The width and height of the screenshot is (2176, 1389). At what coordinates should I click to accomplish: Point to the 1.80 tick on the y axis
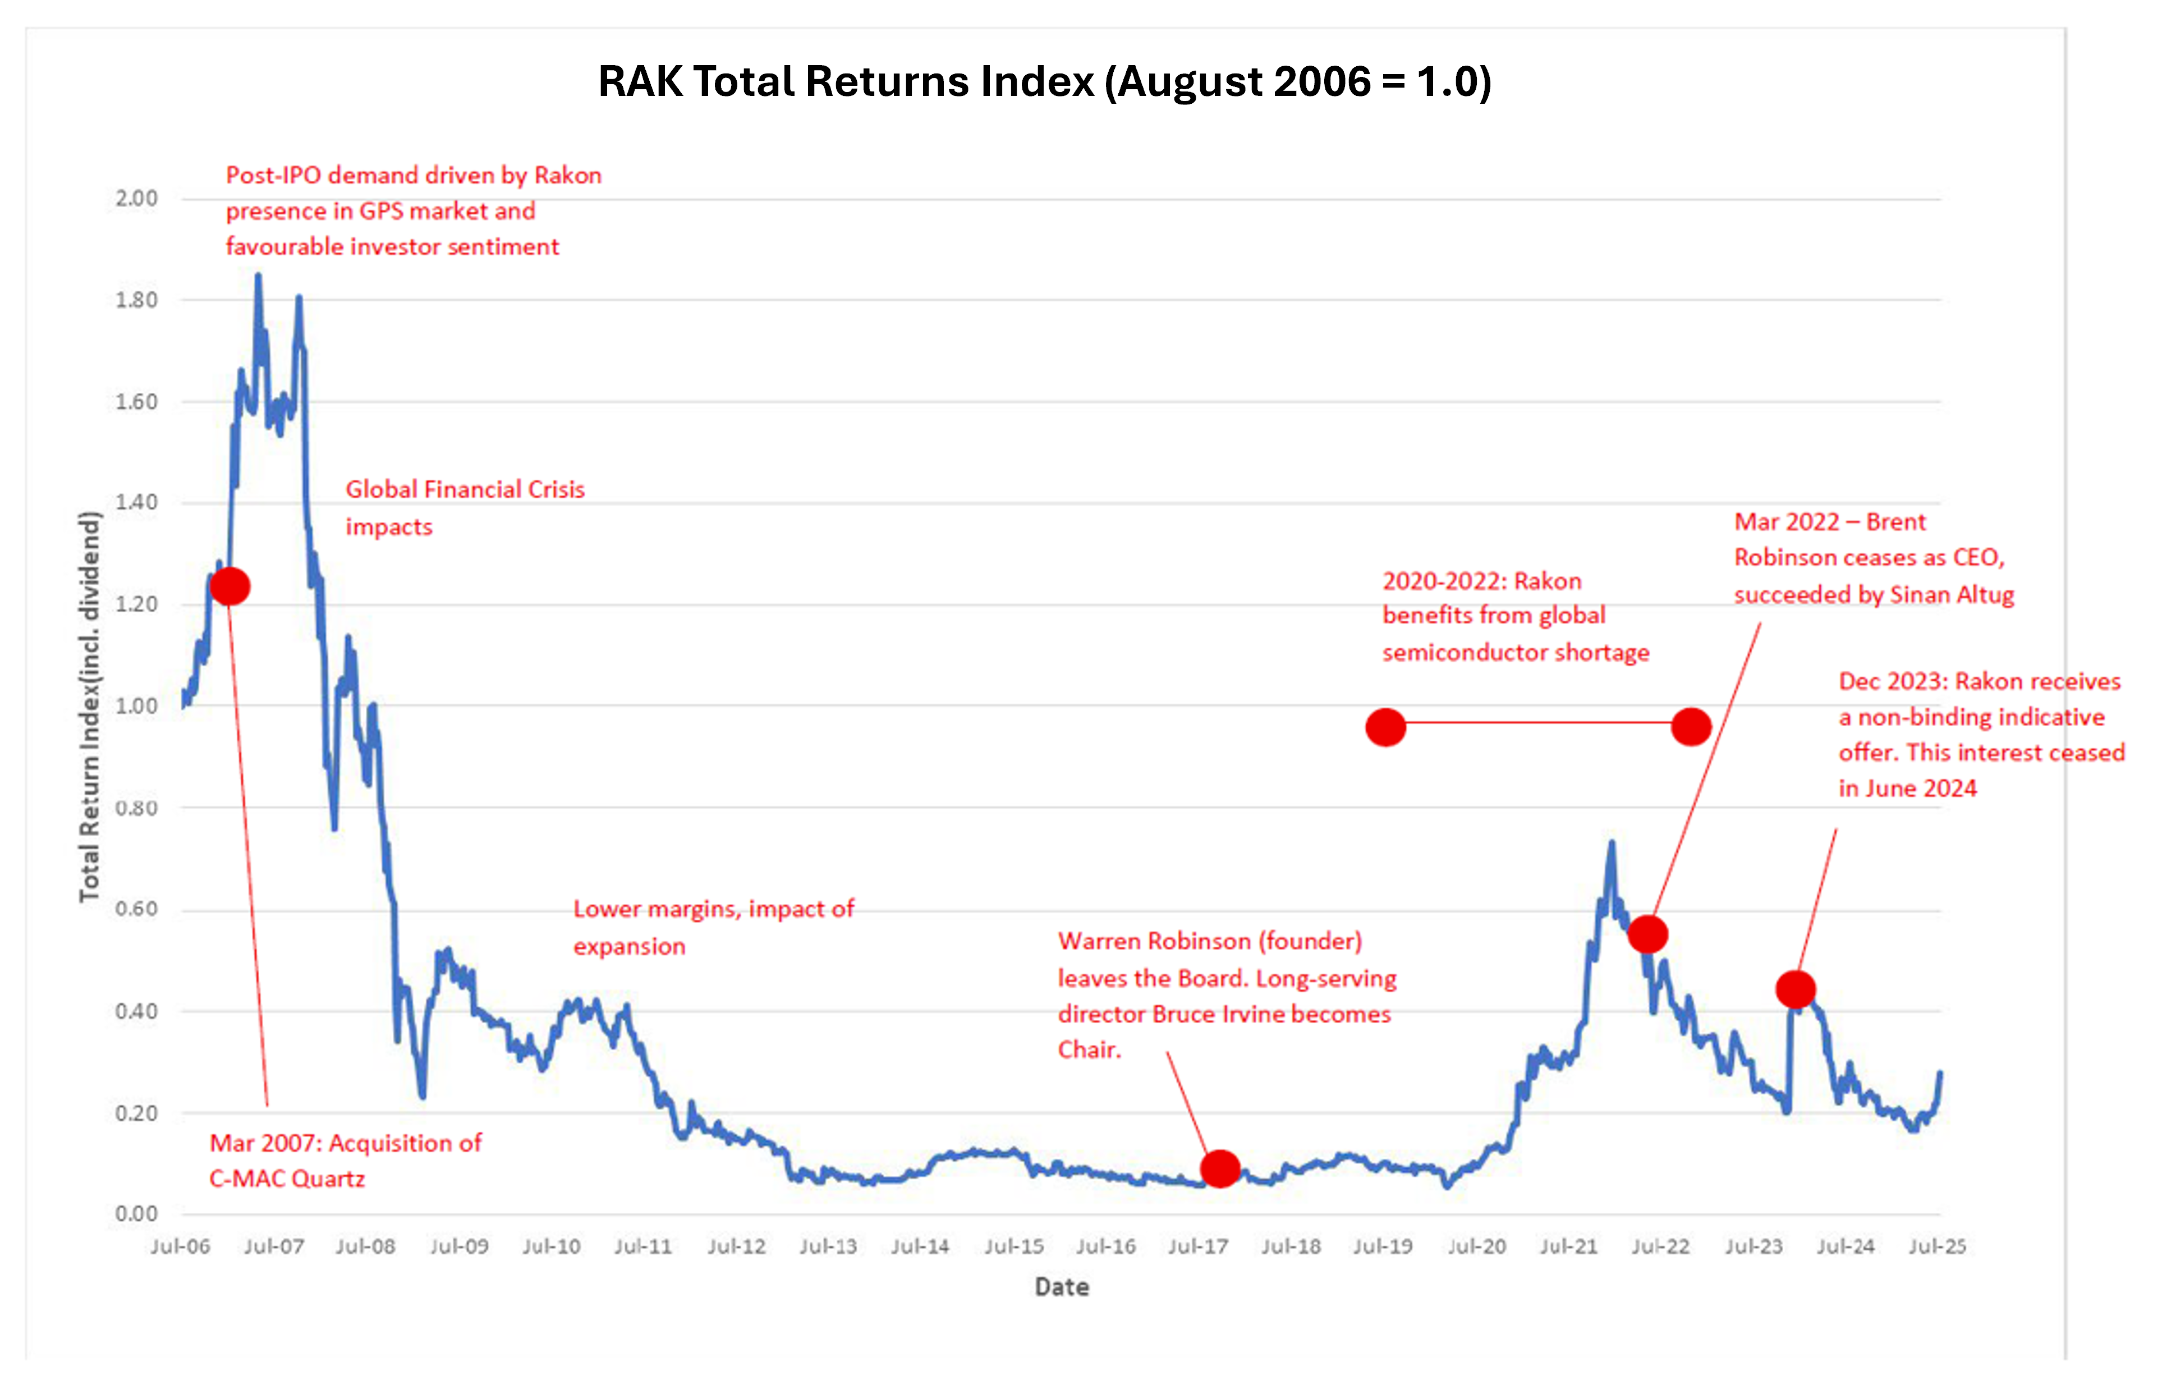136,300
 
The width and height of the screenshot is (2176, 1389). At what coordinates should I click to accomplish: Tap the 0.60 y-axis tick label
136,909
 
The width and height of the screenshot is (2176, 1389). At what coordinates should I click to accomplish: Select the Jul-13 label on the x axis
828,1246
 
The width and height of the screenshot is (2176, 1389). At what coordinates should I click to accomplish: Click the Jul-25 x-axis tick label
1936,1246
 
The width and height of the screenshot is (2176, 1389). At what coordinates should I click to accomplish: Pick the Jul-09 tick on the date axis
459,1246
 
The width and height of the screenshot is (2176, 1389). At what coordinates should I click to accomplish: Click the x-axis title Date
1062,1287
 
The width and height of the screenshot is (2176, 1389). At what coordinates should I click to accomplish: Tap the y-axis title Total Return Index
89,707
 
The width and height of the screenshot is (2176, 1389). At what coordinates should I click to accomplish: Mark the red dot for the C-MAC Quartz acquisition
229,586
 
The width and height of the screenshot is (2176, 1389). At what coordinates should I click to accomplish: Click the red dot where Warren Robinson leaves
1220,1168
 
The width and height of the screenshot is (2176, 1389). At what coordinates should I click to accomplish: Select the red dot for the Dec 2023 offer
1794,989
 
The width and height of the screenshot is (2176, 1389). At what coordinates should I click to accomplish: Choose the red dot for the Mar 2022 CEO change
1647,934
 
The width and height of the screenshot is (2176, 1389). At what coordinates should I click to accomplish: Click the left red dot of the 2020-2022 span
1385,727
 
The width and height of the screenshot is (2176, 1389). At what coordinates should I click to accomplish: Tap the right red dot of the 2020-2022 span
1691,727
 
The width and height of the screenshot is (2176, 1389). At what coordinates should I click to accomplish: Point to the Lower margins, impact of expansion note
713,927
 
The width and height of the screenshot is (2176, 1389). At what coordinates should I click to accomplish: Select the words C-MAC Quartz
287,1179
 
